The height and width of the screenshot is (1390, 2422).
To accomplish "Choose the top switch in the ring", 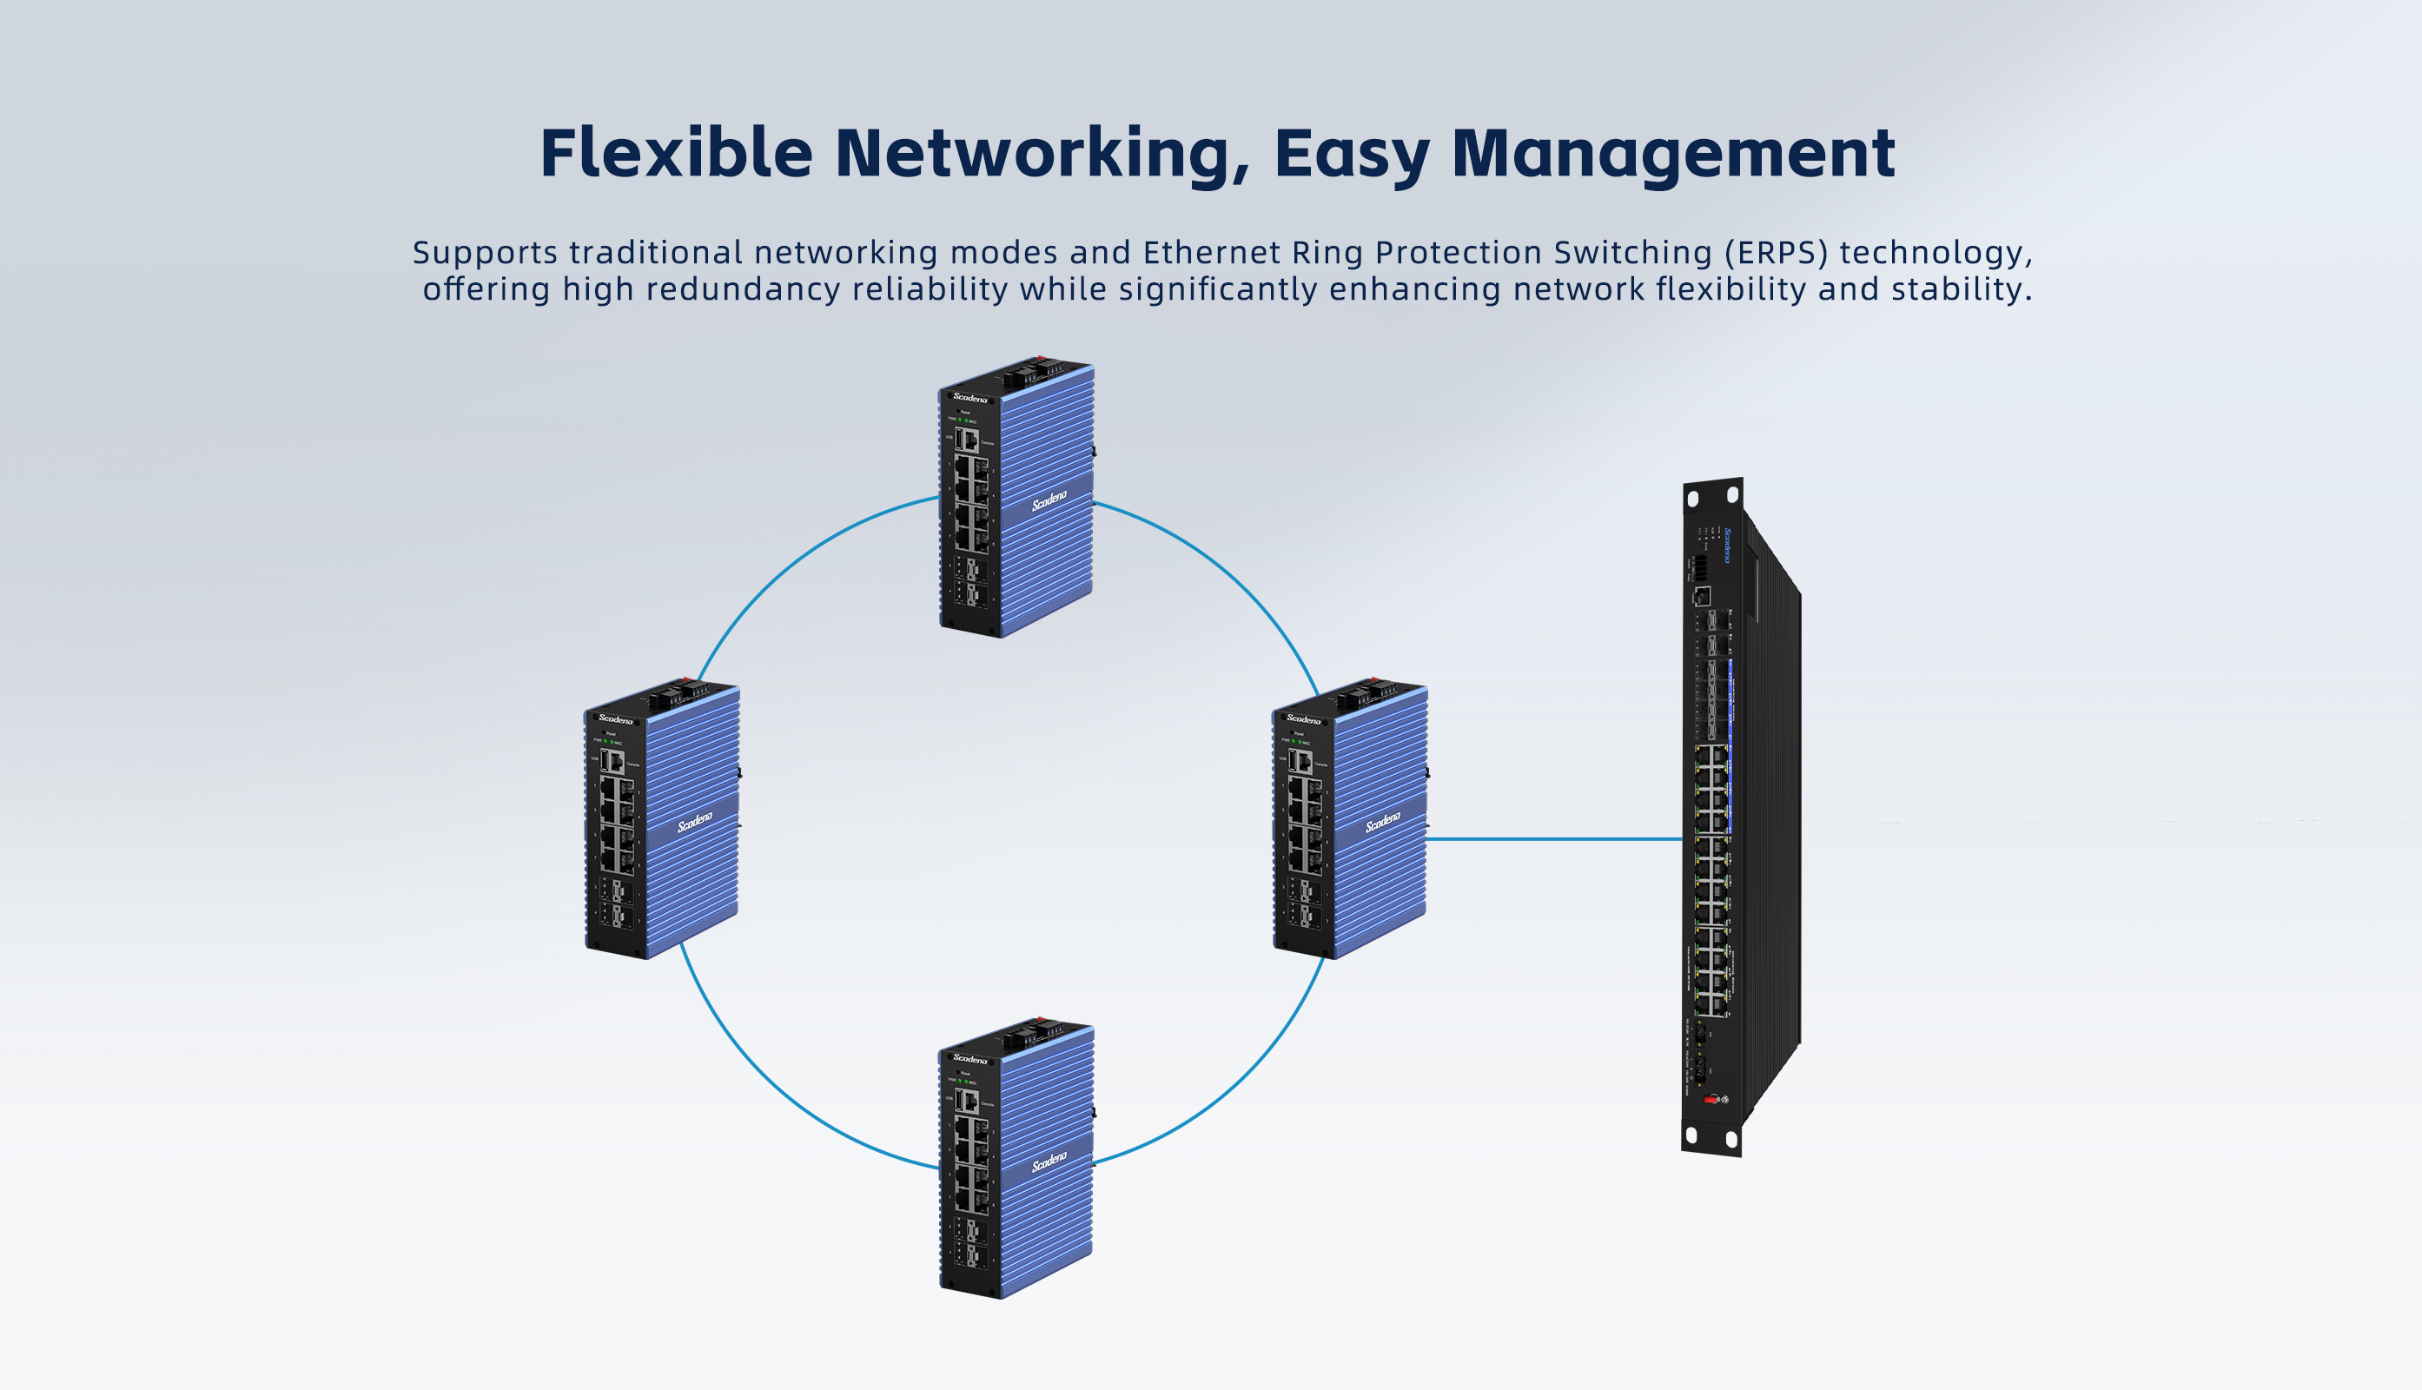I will (1016, 499).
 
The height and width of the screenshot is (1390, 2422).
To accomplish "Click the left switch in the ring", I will (662, 819).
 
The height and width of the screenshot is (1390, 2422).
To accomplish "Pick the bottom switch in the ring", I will (1016, 1159).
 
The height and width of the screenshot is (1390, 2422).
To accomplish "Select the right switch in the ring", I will (1349, 819).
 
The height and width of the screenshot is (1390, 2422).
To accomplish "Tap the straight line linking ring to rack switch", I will (1554, 839).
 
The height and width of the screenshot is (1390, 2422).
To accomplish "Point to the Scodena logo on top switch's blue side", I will (1049, 500).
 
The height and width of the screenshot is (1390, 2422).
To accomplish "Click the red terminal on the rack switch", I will (1710, 1100).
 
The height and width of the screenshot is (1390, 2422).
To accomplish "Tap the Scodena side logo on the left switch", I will (695, 821).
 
